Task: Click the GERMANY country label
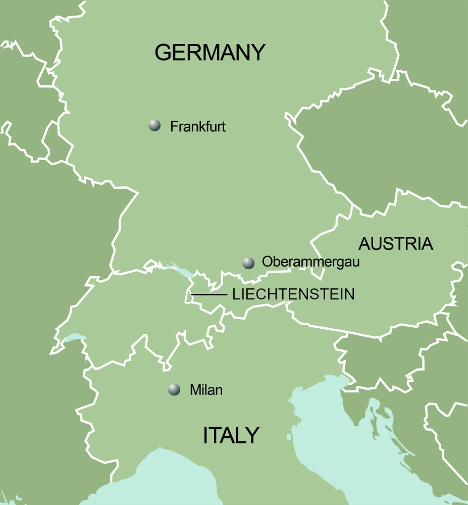(x=210, y=53)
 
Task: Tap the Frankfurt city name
(x=197, y=126)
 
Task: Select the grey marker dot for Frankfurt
(x=154, y=126)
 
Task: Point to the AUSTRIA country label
(x=396, y=244)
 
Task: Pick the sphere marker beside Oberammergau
(x=248, y=263)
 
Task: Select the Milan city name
(x=206, y=390)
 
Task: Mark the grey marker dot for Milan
(x=174, y=389)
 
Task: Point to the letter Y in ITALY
(x=252, y=435)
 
